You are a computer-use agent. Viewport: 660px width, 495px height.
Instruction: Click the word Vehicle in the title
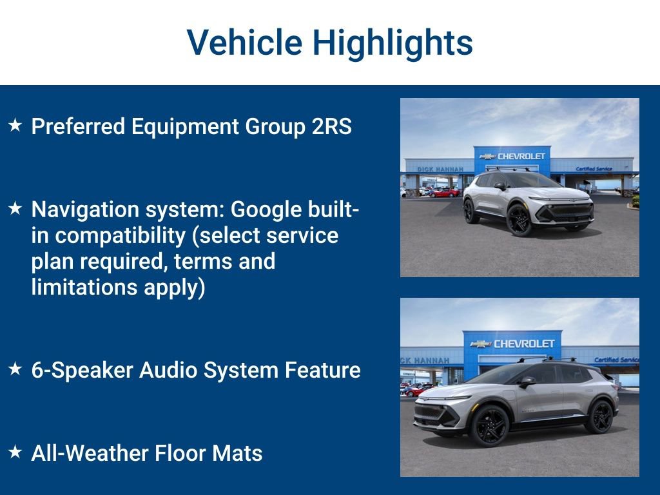click(244, 43)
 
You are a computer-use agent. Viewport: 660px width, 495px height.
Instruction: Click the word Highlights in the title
click(393, 43)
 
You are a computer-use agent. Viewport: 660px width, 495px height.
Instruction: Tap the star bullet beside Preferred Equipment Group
click(15, 125)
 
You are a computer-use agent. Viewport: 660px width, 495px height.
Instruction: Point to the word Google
click(266, 209)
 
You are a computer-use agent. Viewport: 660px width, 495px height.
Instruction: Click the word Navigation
click(86, 209)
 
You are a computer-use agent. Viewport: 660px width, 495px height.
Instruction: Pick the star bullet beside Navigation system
click(15, 208)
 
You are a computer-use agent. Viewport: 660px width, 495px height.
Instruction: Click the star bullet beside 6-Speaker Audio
click(15, 369)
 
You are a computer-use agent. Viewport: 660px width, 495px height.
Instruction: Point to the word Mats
click(238, 453)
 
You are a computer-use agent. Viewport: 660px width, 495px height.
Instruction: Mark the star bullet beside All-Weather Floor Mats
click(15, 452)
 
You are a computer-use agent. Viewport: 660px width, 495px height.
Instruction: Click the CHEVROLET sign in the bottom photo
click(523, 344)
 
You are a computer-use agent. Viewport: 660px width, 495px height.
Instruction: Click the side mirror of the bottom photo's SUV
click(527, 382)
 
